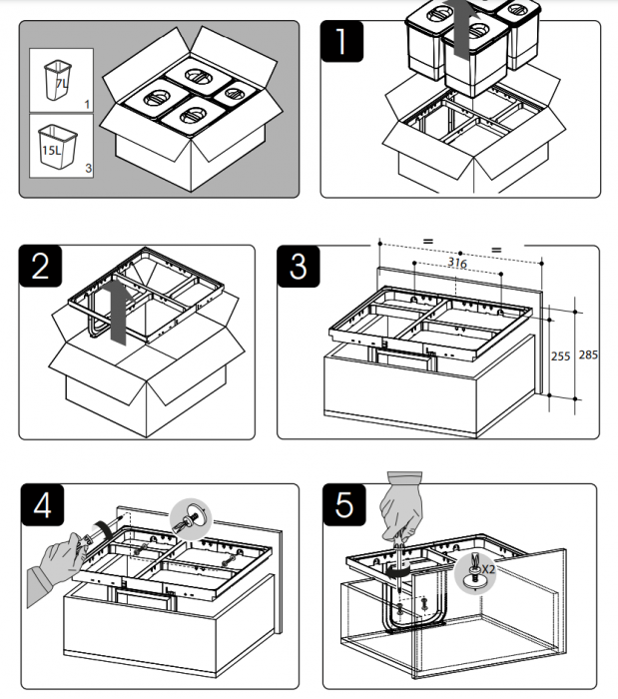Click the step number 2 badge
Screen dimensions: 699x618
point(41,268)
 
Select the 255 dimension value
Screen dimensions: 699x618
point(563,355)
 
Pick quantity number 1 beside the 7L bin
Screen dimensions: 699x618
point(87,103)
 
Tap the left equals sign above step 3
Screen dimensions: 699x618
point(427,243)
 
